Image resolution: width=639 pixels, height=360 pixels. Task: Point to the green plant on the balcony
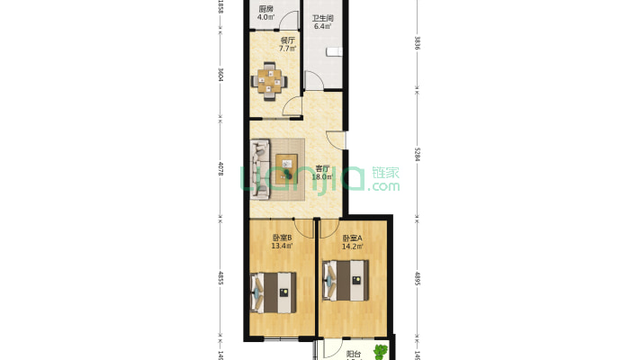[382, 351]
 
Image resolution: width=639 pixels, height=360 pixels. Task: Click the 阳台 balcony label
[355, 355]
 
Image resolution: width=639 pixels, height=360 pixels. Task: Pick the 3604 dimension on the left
[220, 77]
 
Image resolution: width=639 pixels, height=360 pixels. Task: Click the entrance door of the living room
[335, 141]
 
